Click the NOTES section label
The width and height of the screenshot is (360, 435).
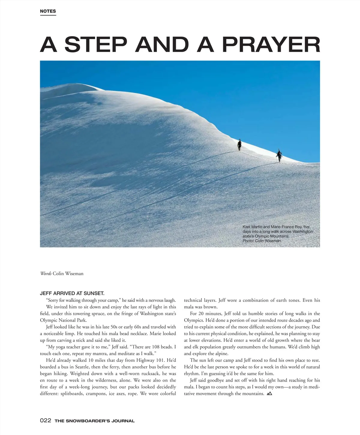tap(48, 11)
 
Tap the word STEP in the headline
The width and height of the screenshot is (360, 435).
tap(95, 44)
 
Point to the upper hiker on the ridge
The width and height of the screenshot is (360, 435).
tap(239, 145)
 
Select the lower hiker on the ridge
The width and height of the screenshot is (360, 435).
tap(279, 155)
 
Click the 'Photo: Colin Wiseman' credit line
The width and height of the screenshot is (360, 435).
tap(262, 241)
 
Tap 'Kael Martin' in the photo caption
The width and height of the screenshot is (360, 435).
tap(252, 227)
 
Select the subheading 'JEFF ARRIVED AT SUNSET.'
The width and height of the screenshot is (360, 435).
tap(72, 293)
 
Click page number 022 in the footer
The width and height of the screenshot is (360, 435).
tap(46, 421)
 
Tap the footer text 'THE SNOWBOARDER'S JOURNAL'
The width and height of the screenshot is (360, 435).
tap(94, 421)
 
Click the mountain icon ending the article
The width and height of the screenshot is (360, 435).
tap(269, 393)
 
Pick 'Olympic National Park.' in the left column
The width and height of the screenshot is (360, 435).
tap(63, 320)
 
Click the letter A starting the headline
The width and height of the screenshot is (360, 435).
tap(48, 44)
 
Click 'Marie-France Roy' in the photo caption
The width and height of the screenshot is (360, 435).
tap(287, 227)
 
